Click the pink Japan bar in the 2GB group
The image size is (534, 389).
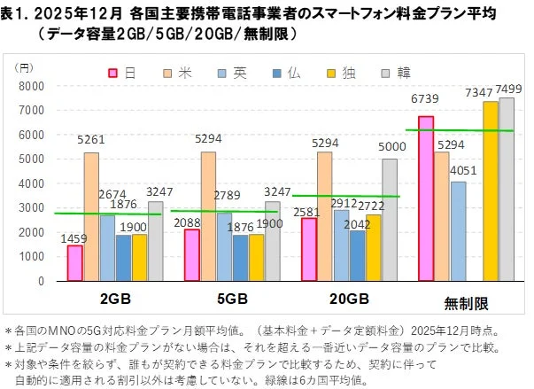click(x=75, y=263)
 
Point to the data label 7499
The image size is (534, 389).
click(x=510, y=91)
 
